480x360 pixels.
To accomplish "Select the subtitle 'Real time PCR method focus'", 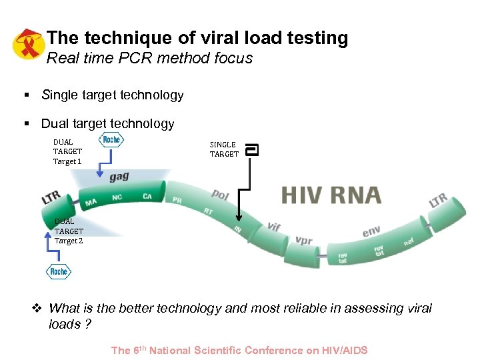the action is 149,58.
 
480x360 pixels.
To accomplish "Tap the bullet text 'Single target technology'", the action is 112,95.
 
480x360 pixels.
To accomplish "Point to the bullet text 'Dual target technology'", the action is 107,123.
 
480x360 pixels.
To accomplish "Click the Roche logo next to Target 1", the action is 111,139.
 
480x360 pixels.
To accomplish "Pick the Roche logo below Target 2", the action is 59,271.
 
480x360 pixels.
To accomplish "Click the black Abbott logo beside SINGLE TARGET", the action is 252,150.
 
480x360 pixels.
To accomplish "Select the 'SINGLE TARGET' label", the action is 224,149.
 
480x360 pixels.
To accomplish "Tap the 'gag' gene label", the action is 119,177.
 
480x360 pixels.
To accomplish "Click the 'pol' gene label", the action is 220,194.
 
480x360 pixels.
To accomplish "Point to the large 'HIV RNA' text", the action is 331,195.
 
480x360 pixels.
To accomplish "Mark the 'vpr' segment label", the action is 303,240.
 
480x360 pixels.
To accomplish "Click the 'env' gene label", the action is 371,231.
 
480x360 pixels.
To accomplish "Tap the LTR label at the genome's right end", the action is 438,199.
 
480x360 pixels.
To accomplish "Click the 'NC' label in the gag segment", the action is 117,197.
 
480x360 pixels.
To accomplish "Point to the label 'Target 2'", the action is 69,241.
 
